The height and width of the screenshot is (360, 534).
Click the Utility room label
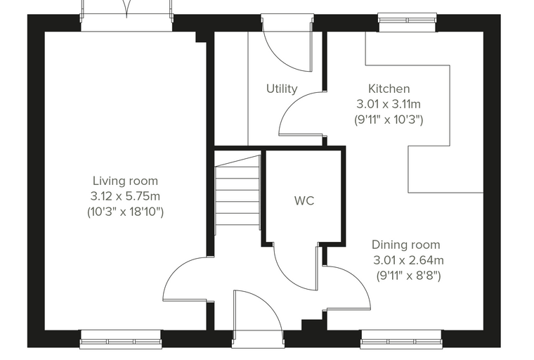(x=282, y=89)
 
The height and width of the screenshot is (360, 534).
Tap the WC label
(x=304, y=201)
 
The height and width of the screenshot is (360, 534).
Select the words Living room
(x=125, y=181)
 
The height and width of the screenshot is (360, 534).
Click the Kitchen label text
(x=389, y=89)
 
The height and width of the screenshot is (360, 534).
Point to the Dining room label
(x=405, y=245)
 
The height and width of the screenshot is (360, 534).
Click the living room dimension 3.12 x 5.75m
(x=125, y=196)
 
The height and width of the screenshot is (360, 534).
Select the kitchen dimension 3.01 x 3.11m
(x=389, y=104)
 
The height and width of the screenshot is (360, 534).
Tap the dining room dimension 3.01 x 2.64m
(x=408, y=260)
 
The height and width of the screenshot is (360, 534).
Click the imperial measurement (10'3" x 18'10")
(x=125, y=212)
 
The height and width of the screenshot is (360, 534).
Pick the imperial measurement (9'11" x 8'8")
(x=408, y=276)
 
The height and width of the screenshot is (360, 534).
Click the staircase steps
(x=238, y=195)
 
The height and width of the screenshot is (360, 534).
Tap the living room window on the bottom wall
(x=121, y=339)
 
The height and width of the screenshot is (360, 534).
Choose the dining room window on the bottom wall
(x=401, y=339)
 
